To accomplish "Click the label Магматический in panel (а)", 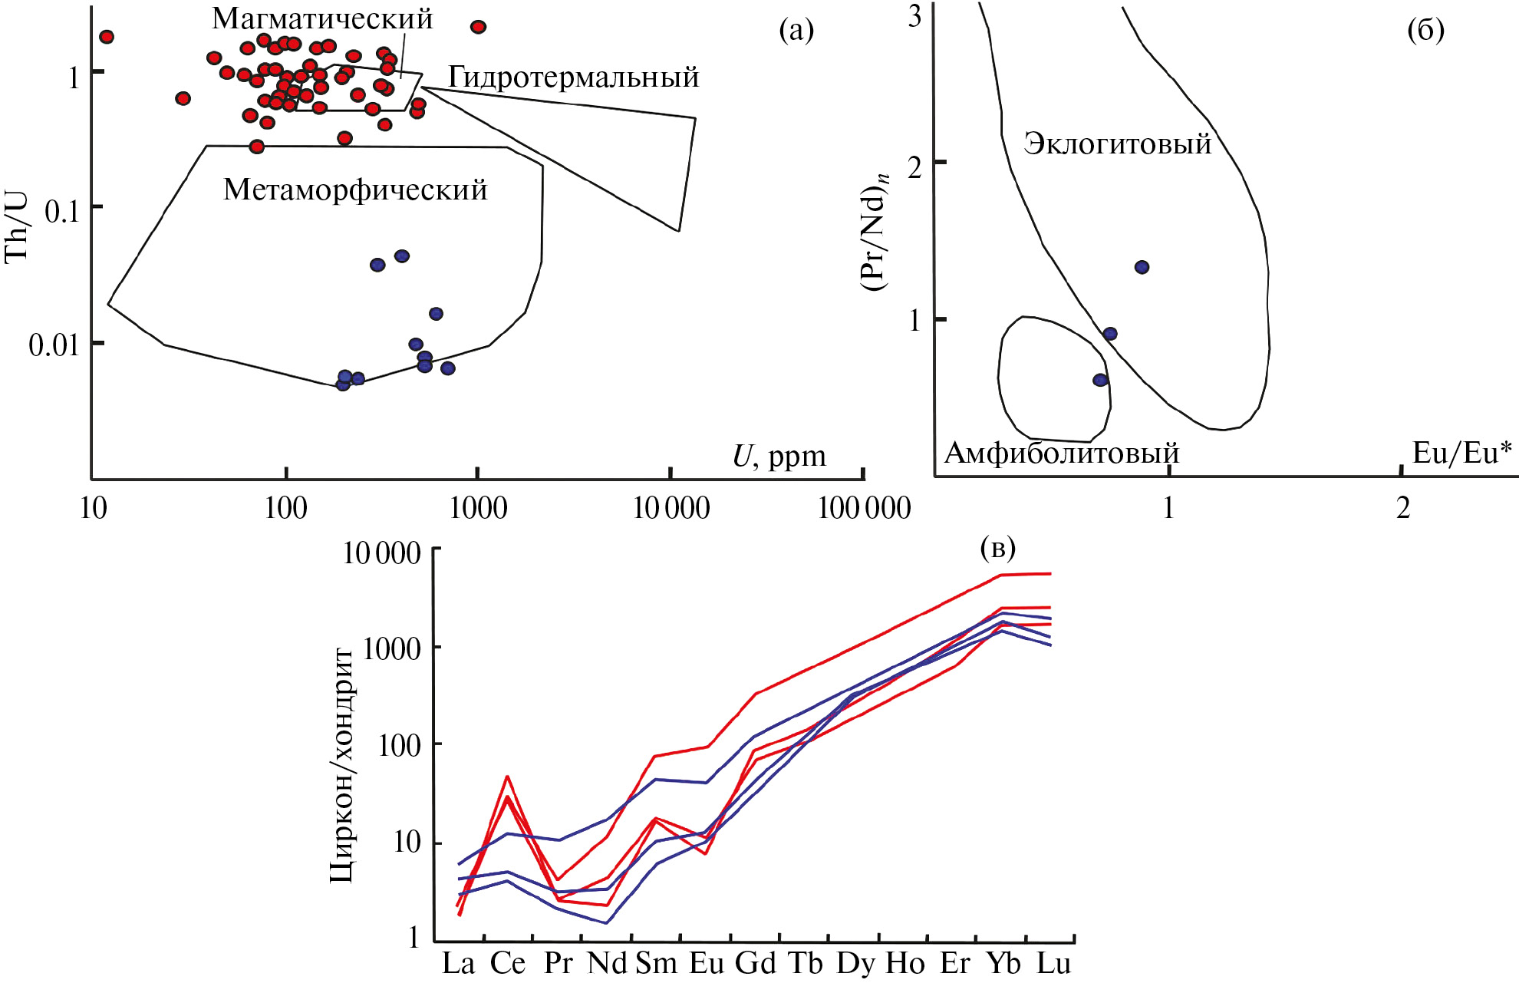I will (x=322, y=18).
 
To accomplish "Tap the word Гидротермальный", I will (x=573, y=78).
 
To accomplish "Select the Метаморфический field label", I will (x=355, y=190).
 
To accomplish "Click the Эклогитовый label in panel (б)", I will (x=1117, y=143).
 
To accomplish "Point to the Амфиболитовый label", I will (x=1061, y=454).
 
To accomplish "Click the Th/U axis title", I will (x=17, y=226).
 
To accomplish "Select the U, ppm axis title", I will (x=779, y=456).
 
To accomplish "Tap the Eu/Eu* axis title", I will (x=1461, y=453).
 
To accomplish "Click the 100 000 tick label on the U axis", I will (x=865, y=508).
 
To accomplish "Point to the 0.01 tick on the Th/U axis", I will (x=54, y=345).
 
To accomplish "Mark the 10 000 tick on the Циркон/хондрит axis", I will (x=381, y=553).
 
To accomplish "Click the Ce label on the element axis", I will (x=508, y=963).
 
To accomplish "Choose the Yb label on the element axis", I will (x=1003, y=963).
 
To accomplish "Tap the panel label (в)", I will (x=997, y=548).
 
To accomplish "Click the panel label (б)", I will (x=1425, y=30).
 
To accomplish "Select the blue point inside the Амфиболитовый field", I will (x=1100, y=380).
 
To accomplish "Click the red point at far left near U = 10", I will (x=107, y=37).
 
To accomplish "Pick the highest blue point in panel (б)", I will (x=1142, y=267).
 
